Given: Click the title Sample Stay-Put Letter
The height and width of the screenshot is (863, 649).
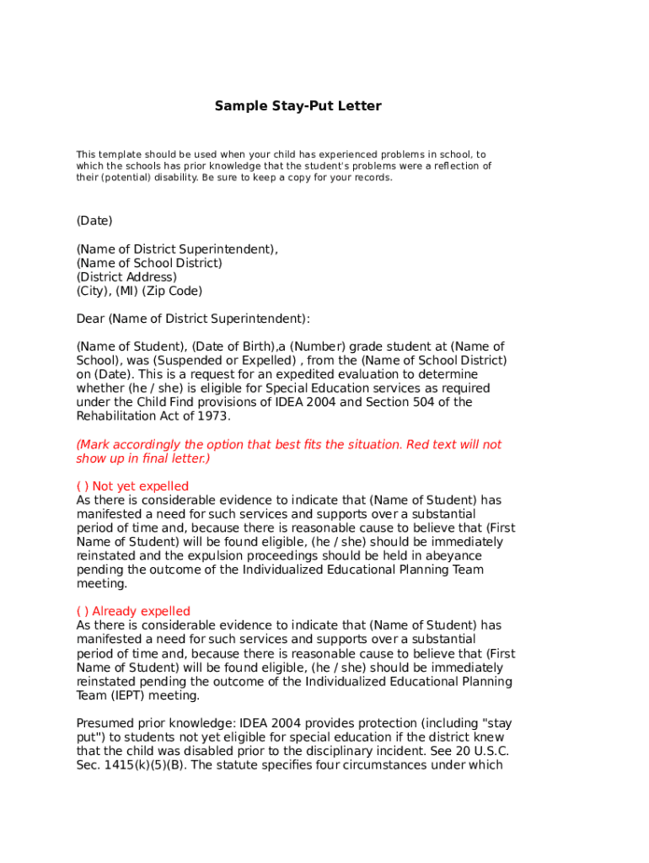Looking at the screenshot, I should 298,106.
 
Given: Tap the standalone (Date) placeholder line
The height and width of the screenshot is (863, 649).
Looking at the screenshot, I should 94,221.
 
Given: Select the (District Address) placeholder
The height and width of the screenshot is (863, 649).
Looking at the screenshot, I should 126,277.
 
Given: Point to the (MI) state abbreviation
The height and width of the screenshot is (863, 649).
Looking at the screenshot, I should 126,292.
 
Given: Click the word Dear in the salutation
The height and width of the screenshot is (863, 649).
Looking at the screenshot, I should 90,319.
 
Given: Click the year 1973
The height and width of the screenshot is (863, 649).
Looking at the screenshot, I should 213,416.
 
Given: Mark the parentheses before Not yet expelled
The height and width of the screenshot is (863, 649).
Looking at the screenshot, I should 82,486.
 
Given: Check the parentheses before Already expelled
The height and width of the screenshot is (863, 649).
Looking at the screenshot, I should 82,612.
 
